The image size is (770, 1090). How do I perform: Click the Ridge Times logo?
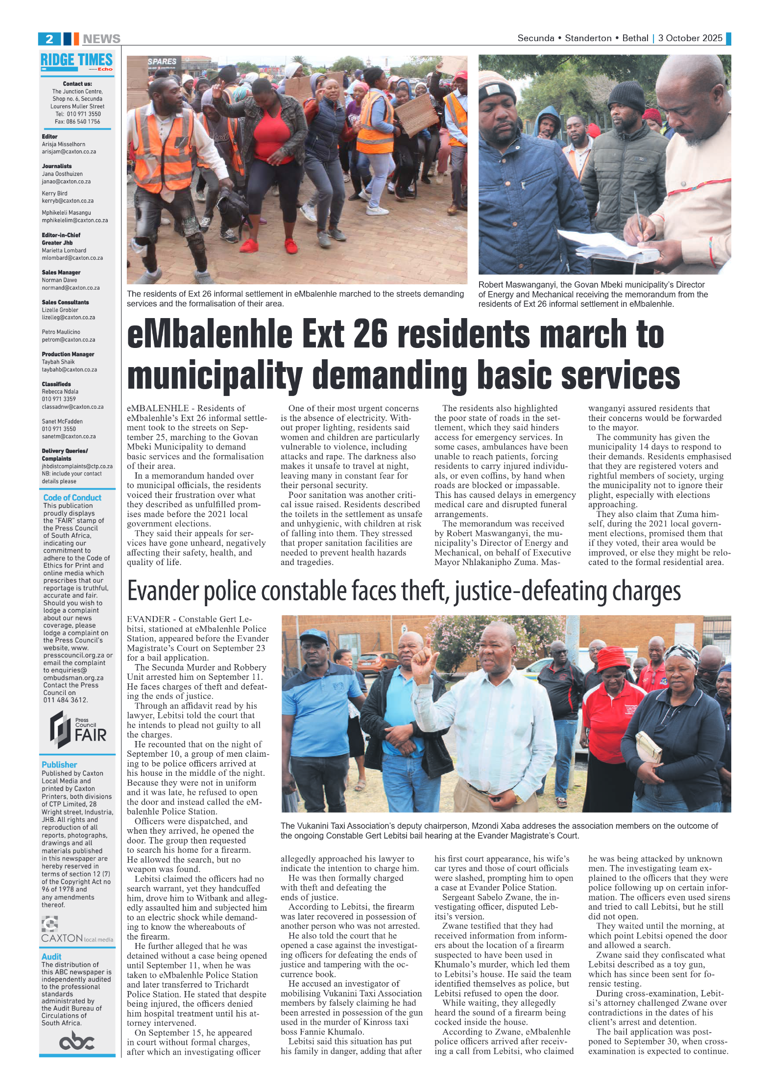77,62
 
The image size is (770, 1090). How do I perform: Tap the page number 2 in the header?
49,39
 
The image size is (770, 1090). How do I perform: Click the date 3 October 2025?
690,38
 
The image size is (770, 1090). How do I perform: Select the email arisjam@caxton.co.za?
69,152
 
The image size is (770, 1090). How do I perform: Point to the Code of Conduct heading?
72,497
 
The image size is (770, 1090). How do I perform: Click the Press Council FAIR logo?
77,729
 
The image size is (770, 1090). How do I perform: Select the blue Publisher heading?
59,765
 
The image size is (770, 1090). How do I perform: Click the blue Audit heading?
51,957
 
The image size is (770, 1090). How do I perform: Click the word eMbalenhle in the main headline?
210,335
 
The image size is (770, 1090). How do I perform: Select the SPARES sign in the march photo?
162,62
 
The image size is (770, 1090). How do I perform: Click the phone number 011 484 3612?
66,700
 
